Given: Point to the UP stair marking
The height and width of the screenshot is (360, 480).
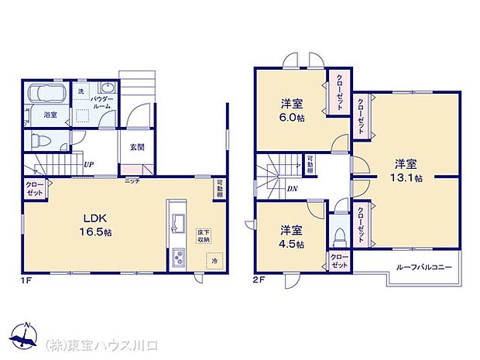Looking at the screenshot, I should (90, 165).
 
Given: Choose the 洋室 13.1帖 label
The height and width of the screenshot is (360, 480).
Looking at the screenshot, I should (406, 170).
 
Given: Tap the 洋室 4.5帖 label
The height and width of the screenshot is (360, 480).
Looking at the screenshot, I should (291, 236).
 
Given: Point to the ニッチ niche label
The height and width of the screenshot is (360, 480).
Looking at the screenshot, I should (132, 180).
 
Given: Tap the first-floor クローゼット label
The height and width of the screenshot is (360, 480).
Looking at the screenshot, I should (34, 190).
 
